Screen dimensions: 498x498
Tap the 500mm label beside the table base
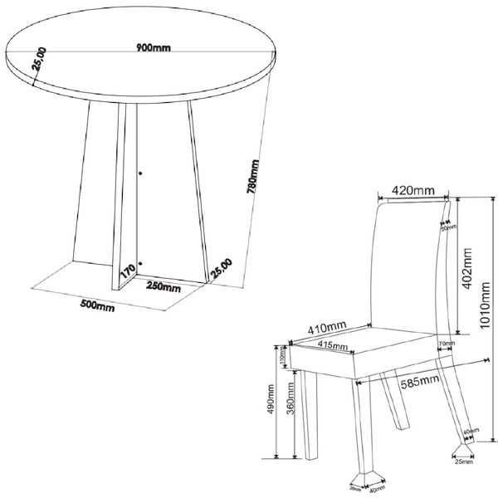point(97,305)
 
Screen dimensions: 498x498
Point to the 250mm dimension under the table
point(164,288)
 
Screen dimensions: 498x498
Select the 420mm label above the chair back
point(413,191)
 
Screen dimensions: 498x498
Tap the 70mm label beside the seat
point(444,343)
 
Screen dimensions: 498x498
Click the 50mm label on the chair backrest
point(443,224)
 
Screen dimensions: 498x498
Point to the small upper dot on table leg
point(140,173)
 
